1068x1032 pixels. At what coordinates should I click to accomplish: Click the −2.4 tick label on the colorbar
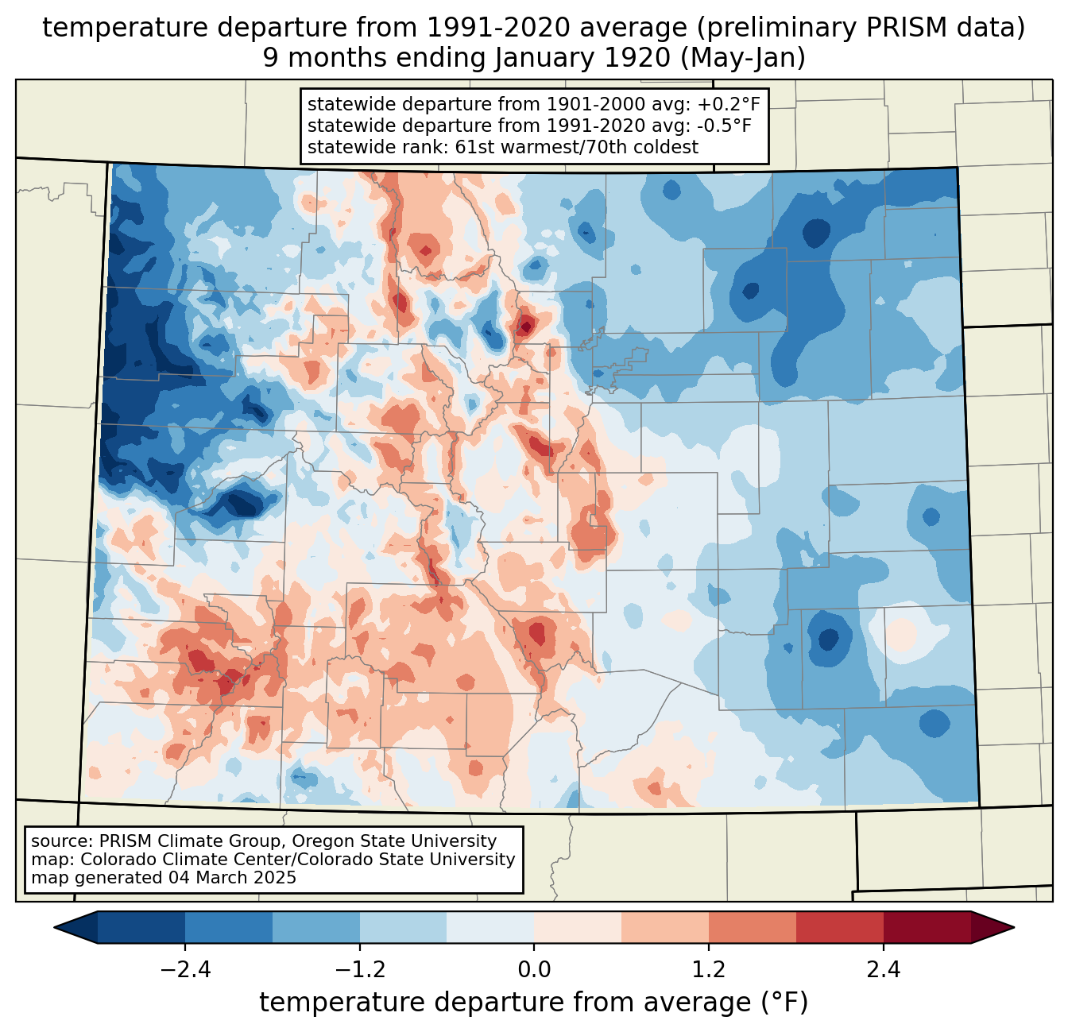coord(185,970)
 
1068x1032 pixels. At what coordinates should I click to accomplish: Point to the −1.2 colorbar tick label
coord(359,970)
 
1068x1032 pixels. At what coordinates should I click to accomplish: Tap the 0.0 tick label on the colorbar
coord(534,970)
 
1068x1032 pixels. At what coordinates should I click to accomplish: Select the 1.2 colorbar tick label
coord(709,970)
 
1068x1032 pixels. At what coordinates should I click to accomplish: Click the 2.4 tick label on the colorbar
coord(883,970)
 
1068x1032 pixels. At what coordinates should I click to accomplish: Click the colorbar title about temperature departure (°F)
coord(534,1003)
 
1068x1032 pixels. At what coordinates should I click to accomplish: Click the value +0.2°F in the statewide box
coord(729,105)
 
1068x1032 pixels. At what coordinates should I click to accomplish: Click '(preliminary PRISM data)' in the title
coord(861,28)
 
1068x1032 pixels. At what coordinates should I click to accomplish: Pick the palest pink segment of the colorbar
coord(578,927)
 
